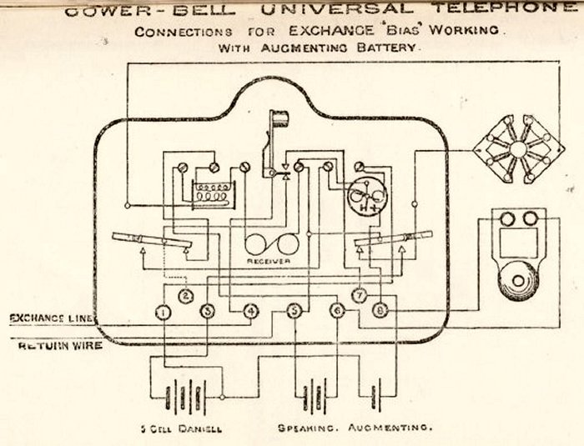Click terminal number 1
click(164, 312)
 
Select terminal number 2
click(186, 295)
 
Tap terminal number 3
click(208, 312)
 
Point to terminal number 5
click(294, 312)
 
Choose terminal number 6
click(337, 311)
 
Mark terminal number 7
click(359, 295)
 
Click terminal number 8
click(380, 311)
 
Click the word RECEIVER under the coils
click(269, 261)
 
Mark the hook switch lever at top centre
click(272, 138)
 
